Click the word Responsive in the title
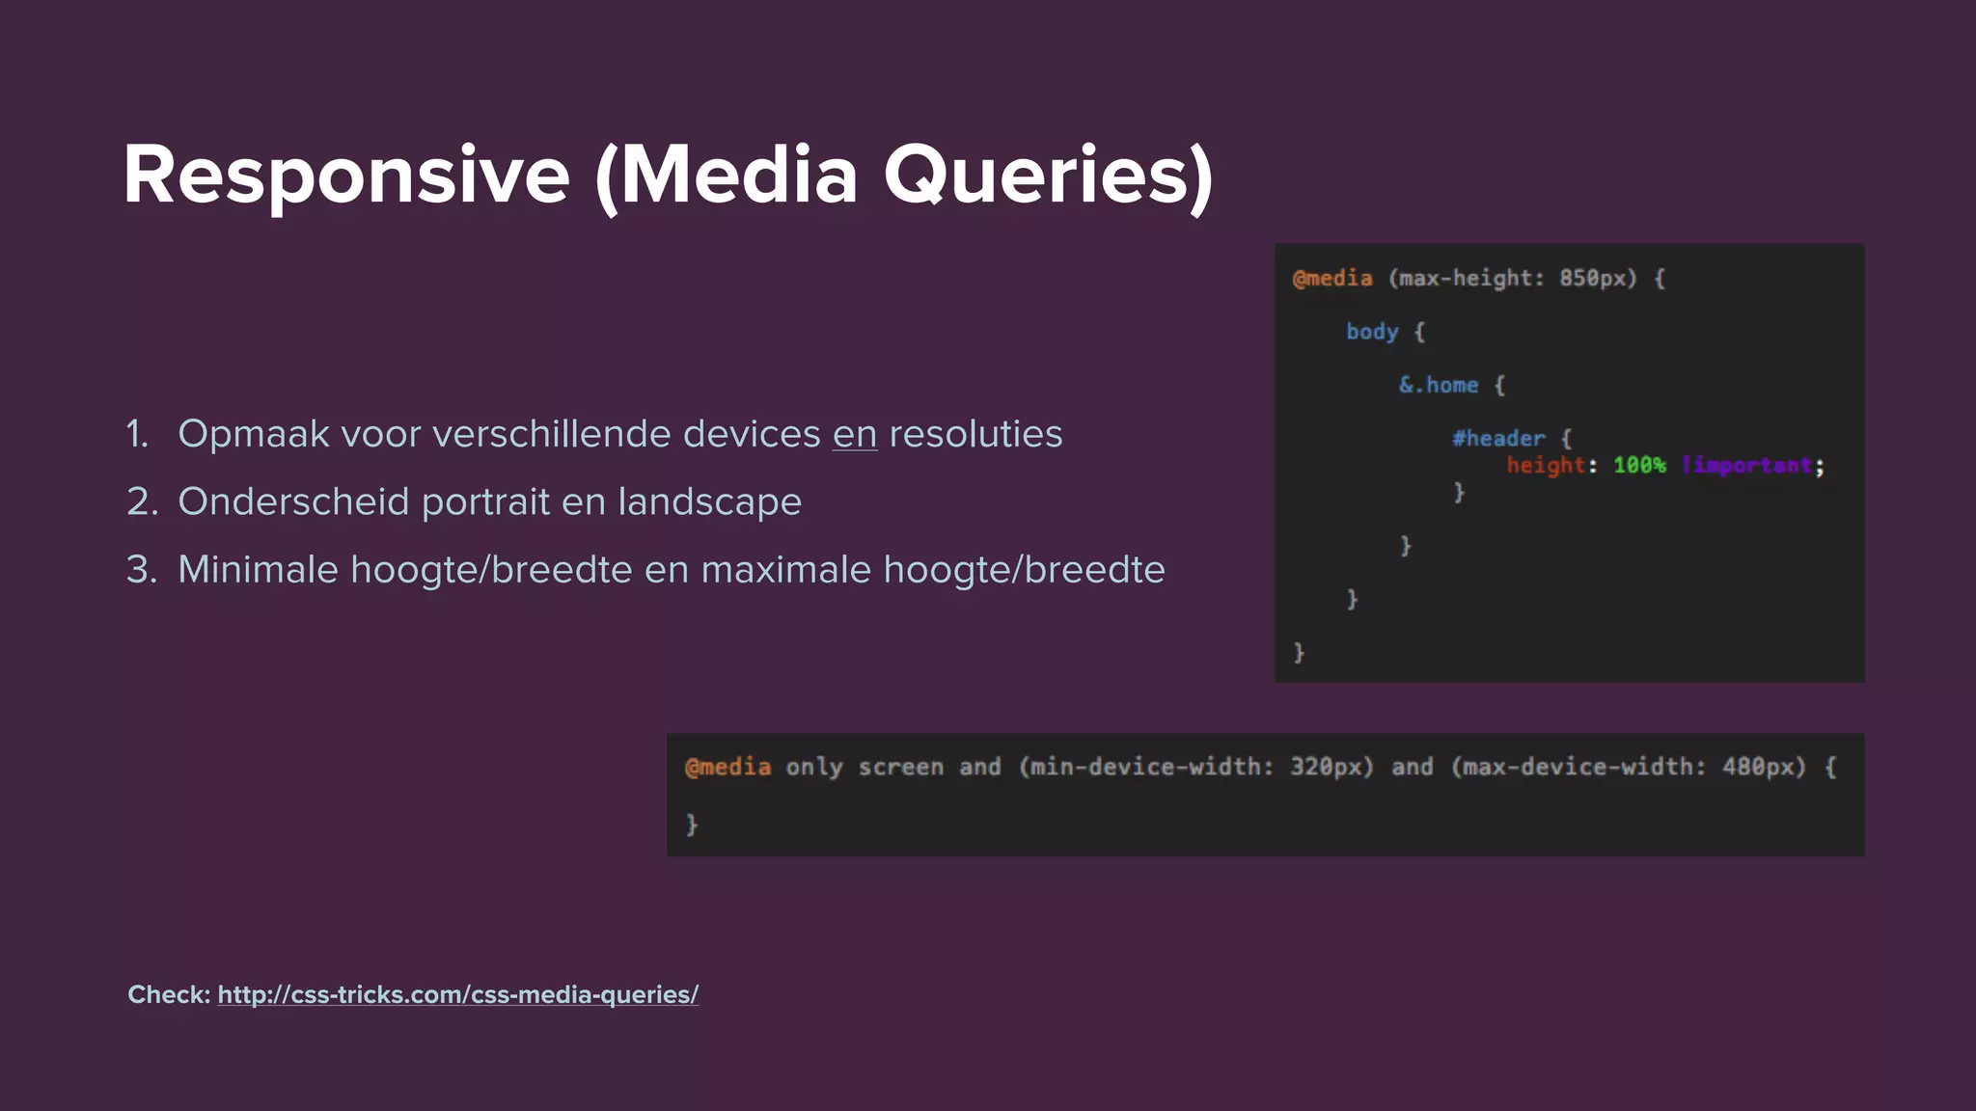[345, 176]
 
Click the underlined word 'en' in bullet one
[855, 434]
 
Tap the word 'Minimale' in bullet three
[258, 570]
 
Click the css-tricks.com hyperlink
[457, 994]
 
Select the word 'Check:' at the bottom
[169, 994]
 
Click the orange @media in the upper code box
[1332, 279]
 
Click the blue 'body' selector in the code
[1371, 332]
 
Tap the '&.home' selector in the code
[1438, 385]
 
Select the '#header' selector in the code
[1497, 438]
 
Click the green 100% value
[1639, 466]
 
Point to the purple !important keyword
[1746, 466]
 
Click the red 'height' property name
[1546, 466]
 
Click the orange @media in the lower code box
[727, 767]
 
